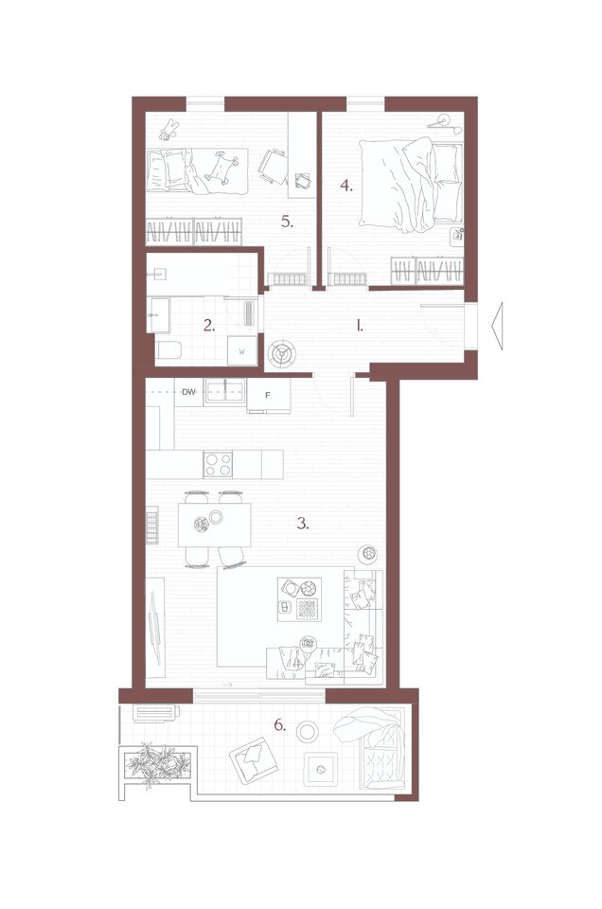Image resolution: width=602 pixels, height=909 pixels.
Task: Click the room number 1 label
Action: point(360,326)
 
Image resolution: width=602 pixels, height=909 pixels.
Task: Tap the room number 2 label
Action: point(209,326)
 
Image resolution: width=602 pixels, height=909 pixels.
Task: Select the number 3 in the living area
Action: point(303,524)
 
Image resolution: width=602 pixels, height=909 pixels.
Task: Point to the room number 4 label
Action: point(345,187)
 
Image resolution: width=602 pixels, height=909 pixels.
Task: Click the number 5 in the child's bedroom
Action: point(288,221)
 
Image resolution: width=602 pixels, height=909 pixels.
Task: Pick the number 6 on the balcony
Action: point(280,724)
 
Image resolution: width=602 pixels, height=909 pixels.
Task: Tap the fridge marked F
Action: point(268,396)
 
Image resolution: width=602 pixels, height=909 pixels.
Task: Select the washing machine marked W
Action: point(242,350)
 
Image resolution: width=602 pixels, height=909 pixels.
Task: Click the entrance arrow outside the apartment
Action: point(497,327)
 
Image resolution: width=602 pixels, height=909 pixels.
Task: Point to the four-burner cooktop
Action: point(218,464)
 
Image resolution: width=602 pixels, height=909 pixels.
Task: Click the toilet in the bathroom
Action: point(168,350)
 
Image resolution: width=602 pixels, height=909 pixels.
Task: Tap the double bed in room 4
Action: point(411,185)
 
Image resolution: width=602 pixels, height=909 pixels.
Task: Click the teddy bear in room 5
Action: point(168,130)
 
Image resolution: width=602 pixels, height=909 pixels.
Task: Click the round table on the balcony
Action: point(307,732)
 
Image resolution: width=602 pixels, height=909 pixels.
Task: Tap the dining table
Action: point(214,525)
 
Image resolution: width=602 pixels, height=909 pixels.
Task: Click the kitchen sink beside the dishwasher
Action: point(224,392)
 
